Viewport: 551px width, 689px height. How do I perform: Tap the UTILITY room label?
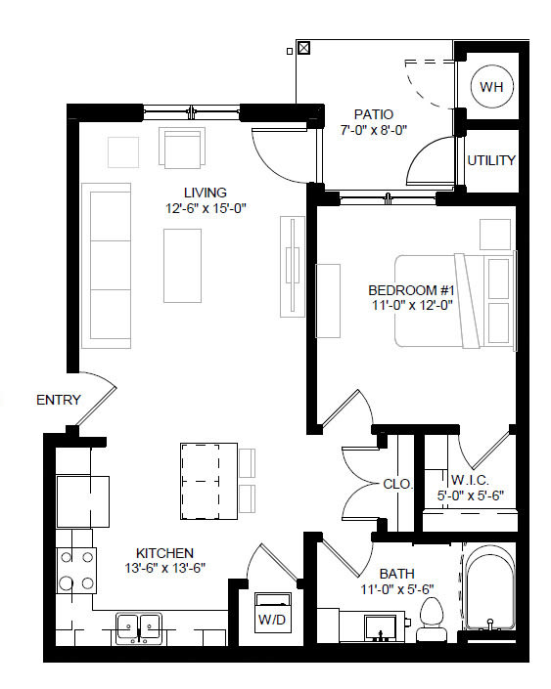490,160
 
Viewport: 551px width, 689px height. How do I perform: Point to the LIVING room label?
205,193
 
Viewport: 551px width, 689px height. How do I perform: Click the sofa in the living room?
107,265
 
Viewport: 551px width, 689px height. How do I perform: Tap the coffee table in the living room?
182,265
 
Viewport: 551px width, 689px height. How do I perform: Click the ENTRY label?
58,400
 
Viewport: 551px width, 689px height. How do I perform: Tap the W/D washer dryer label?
271,620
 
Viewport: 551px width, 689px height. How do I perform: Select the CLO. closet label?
398,484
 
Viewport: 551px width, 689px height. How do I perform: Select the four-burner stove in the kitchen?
76,570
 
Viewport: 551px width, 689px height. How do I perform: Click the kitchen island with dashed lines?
208,481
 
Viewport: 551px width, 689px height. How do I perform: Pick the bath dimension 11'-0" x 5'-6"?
395,588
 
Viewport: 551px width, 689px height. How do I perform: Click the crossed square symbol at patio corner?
303,46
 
